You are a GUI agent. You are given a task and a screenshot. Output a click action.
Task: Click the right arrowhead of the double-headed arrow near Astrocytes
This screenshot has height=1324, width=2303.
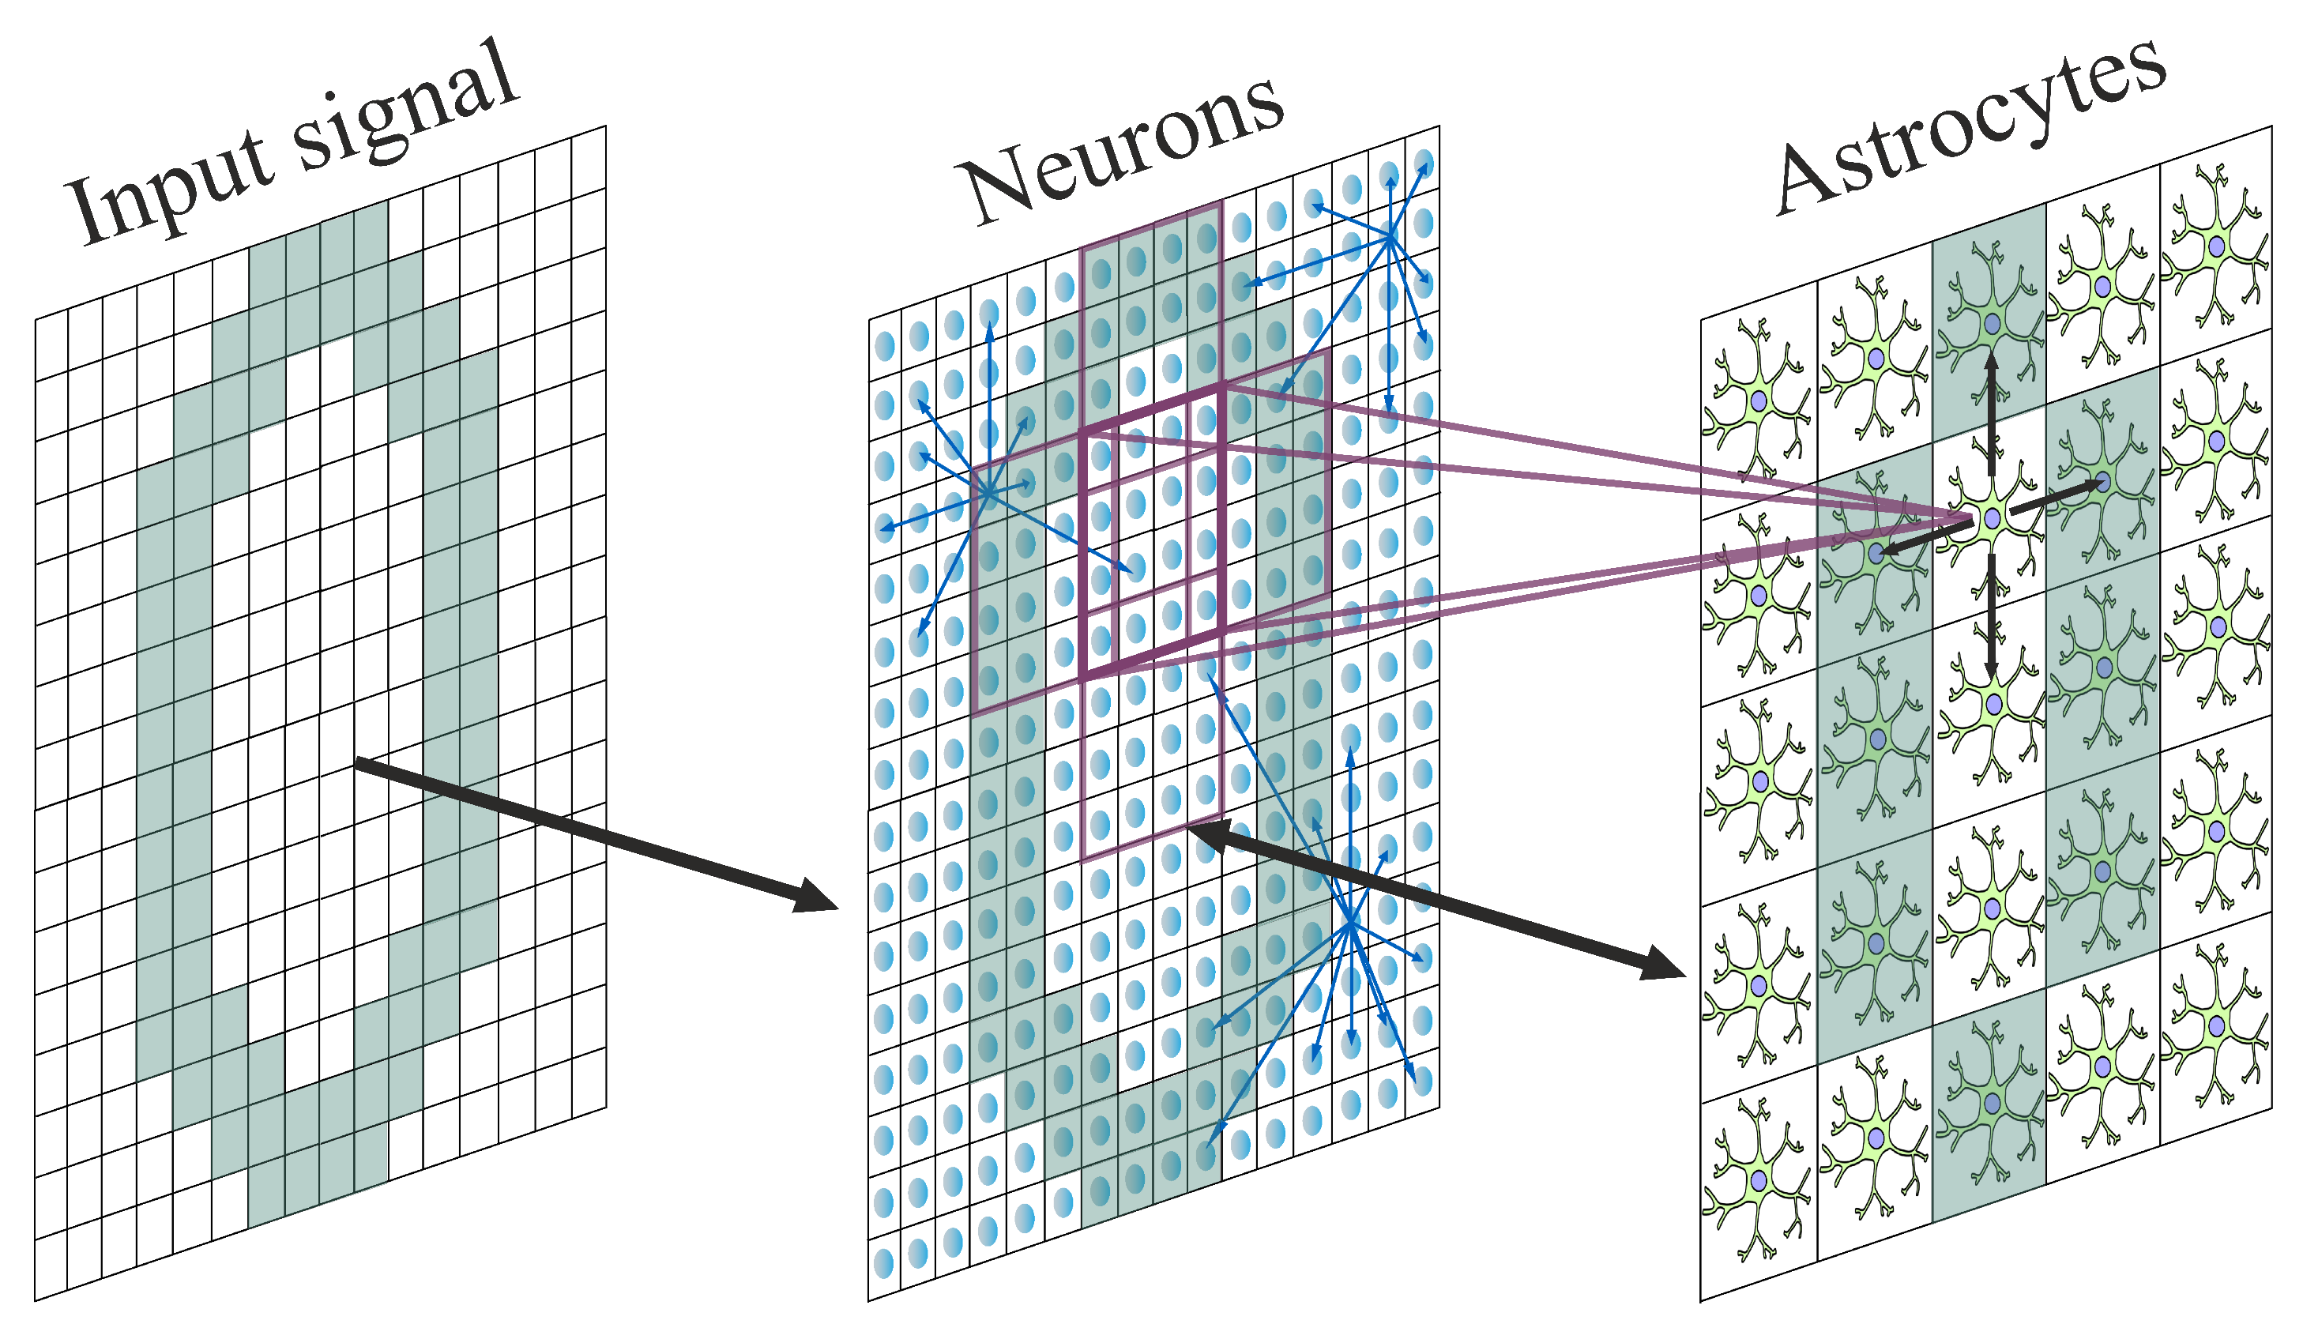click(1663, 965)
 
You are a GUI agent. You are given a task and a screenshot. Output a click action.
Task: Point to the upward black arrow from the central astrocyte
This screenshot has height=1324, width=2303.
click(1991, 409)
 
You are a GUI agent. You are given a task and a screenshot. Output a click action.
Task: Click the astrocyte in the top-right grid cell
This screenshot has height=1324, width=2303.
click(2217, 246)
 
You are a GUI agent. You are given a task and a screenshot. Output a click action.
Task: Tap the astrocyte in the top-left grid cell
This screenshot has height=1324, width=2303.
click(1759, 400)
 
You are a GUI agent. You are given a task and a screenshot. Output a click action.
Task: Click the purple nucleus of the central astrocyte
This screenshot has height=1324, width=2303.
click(1992, 518)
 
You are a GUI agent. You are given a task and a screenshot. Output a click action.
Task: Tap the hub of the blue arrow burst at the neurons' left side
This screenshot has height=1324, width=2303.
click(988, 492)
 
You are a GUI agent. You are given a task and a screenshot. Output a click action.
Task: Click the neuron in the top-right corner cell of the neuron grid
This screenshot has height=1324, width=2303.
click(1424, 164)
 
